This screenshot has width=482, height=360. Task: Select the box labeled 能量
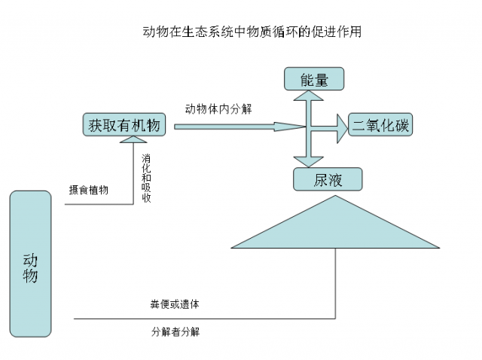click(313, 78)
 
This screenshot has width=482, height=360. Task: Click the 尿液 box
click(328, 179)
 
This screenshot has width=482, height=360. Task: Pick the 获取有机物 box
click(124, 126)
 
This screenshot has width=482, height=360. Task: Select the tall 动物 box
click(31, 264)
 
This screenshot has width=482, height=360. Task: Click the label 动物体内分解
click(218, 108)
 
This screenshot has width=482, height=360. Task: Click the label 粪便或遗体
click(175, 304)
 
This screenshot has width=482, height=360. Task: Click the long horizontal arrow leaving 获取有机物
click(226, 127)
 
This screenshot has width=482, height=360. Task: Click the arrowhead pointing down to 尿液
click(307, 160)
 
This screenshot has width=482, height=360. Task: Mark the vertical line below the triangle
click(335, 282)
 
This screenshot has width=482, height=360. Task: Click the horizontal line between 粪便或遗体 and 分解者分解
click(203, 318)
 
